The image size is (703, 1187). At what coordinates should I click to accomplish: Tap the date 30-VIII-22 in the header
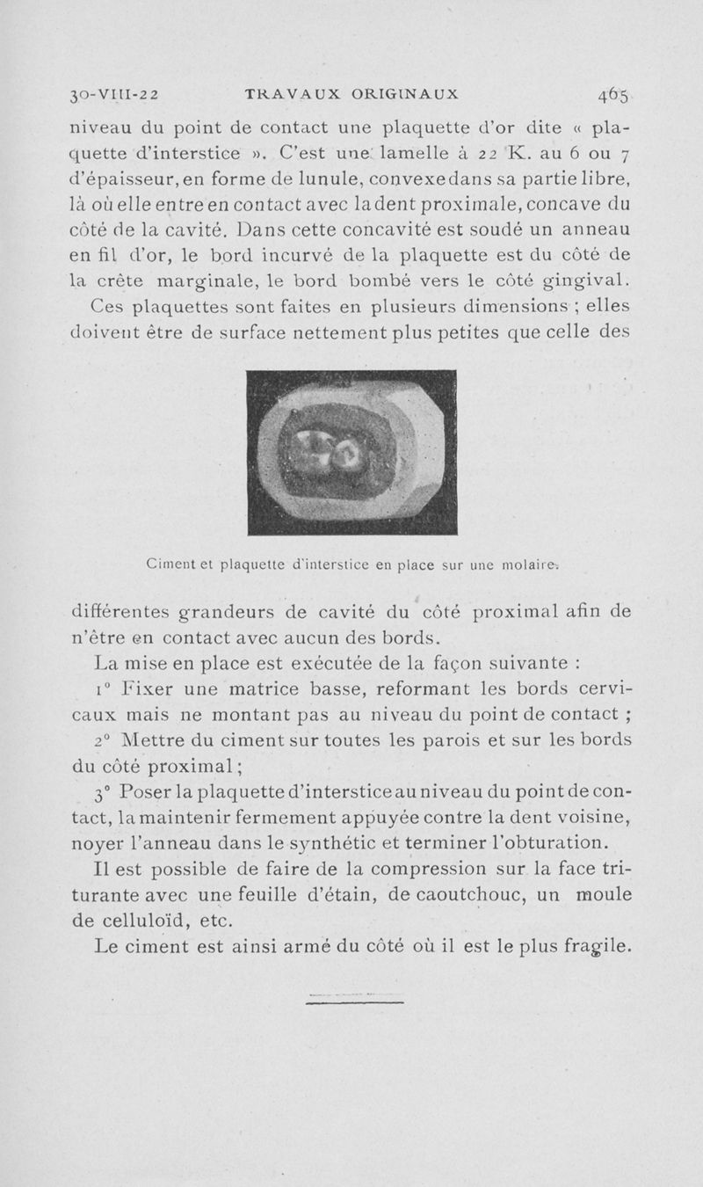[x=111, y=93]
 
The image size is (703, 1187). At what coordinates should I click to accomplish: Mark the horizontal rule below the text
[x=355, y=1000]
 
